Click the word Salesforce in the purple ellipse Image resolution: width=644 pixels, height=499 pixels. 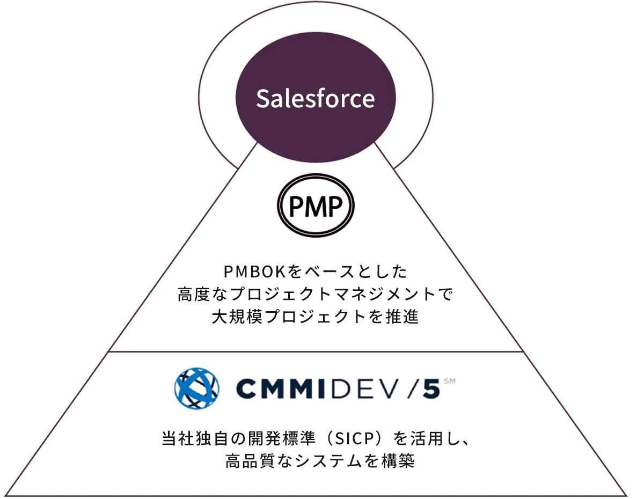[315, 99]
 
